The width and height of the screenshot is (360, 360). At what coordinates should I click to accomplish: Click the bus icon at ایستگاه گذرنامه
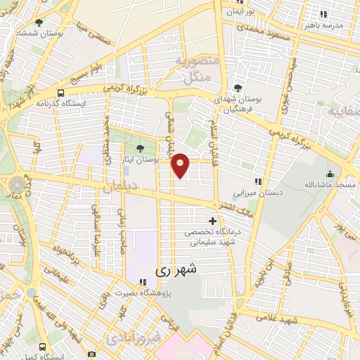click(60, 92)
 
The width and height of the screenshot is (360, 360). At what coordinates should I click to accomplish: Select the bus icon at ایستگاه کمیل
click(44, 347)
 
